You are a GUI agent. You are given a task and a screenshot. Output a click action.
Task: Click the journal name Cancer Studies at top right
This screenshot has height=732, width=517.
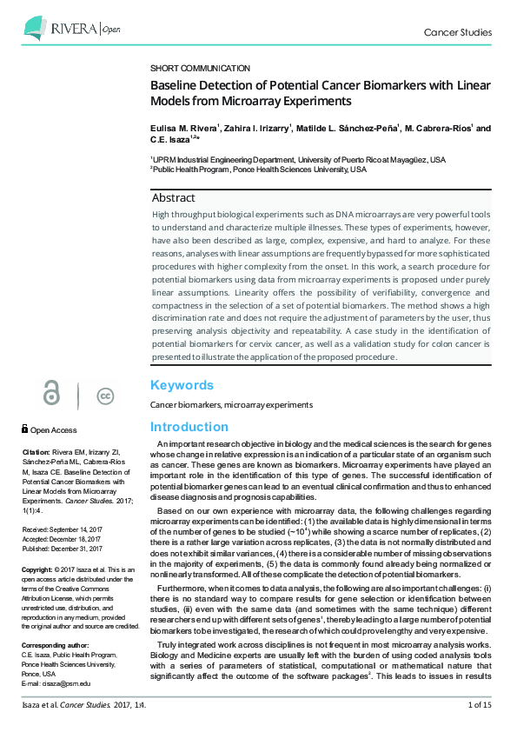pyautogui.click(x=457, y=33)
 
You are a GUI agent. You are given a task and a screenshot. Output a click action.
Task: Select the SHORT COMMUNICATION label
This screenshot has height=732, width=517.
pyautogui.click(x=200, y=68)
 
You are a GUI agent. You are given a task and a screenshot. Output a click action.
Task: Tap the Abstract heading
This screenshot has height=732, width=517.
pyautogui.click(x=174, y=198)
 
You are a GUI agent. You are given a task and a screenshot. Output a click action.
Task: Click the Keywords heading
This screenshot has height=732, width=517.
pyautogui.click(x=182, y=385)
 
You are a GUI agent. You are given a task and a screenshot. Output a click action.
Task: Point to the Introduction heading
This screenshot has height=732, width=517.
pyautogui.click(x=189, y=427)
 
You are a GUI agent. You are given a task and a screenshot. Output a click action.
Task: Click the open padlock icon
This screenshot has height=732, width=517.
pyautogui.click(x=52, y=395)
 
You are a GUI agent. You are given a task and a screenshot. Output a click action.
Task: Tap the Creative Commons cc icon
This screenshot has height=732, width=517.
pyautogui.click(x=105, y=396)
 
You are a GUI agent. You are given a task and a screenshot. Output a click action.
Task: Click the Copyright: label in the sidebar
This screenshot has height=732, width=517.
pyautogui.click(x=39, y=569)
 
